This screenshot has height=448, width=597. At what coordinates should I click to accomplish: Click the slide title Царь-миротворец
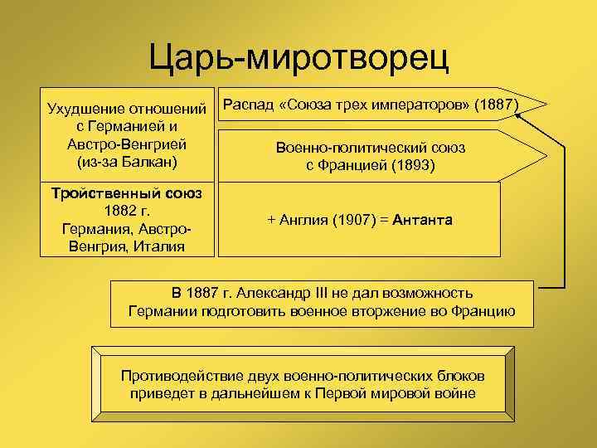298,56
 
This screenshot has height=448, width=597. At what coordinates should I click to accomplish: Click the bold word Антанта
423,220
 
